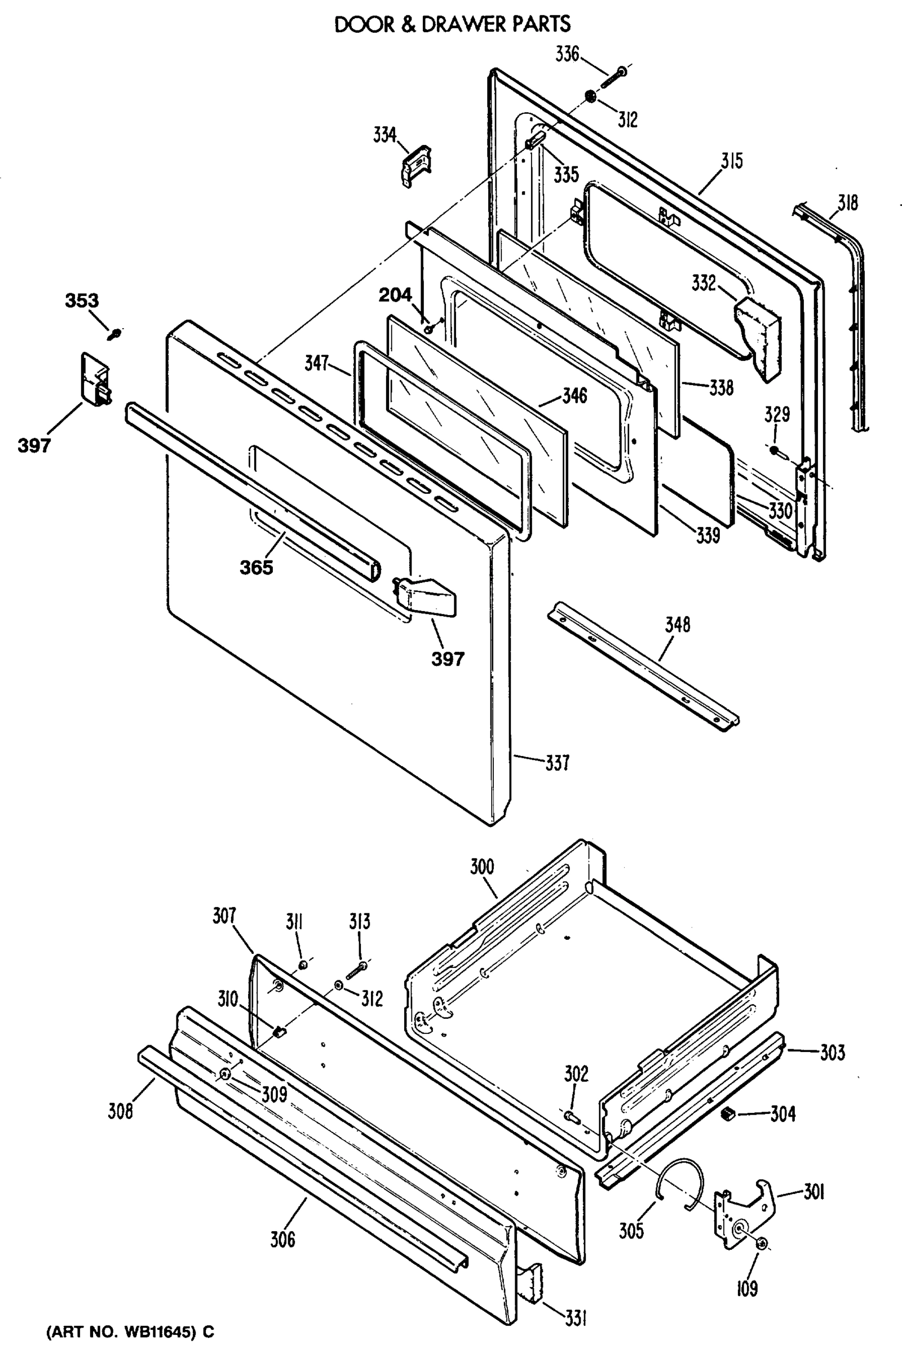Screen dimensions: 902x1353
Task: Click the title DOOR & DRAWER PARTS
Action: click(x=452, y=24)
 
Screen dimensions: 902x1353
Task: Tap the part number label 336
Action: click(x=567, y=55)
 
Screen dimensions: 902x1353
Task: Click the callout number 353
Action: click(x=81, y=300)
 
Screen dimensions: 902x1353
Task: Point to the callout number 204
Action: click(x=395, y=294)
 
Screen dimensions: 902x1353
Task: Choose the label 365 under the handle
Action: click(x=257, y=568)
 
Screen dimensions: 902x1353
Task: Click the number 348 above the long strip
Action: click(x=677, y=625)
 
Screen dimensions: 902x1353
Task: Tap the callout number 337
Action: click(x=557, y=763)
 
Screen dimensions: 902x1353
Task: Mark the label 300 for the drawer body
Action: click(x=481, y=867)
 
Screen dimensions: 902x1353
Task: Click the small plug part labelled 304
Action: click(x=728, y=1115)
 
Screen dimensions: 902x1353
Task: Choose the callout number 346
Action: click(x=574, y=395)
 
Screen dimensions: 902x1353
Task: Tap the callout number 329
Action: click(x=777, y=414)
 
